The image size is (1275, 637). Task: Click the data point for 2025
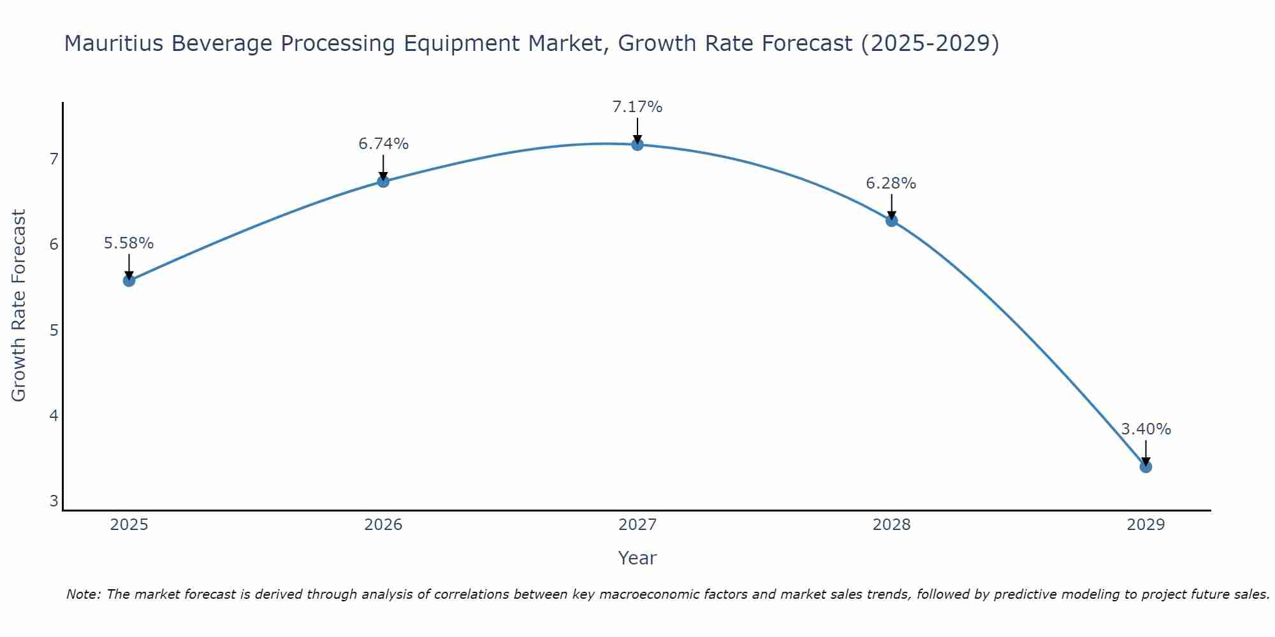tap(129, 280)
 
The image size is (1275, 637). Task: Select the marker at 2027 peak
tap(637, 145)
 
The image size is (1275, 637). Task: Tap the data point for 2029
tap(1146, 467)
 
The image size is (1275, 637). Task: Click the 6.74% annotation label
tap(383, 144)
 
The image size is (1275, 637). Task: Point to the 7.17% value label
tap(637, 107)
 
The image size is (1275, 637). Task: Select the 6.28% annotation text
tap(891, 183)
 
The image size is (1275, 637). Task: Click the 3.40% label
tap(1146, 429)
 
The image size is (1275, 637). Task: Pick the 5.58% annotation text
tap(129, 243)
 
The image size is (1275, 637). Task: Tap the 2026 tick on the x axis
tap(383, 525)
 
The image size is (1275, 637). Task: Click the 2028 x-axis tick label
tap(891, 525)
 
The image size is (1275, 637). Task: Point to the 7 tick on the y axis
tap(54, 159)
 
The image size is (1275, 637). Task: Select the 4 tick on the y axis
tap(54, 416)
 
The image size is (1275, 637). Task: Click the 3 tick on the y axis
tap(54, 501)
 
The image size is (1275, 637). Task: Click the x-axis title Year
tap(637, 558)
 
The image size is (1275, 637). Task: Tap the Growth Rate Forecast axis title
tap(19, 306)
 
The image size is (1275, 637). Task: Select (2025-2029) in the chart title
tap(929, 43)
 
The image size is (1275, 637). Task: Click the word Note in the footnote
tap(83, 594)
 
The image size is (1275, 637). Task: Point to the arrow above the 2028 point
tap(891, 207)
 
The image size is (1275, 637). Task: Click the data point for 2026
tap(383, 182)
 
